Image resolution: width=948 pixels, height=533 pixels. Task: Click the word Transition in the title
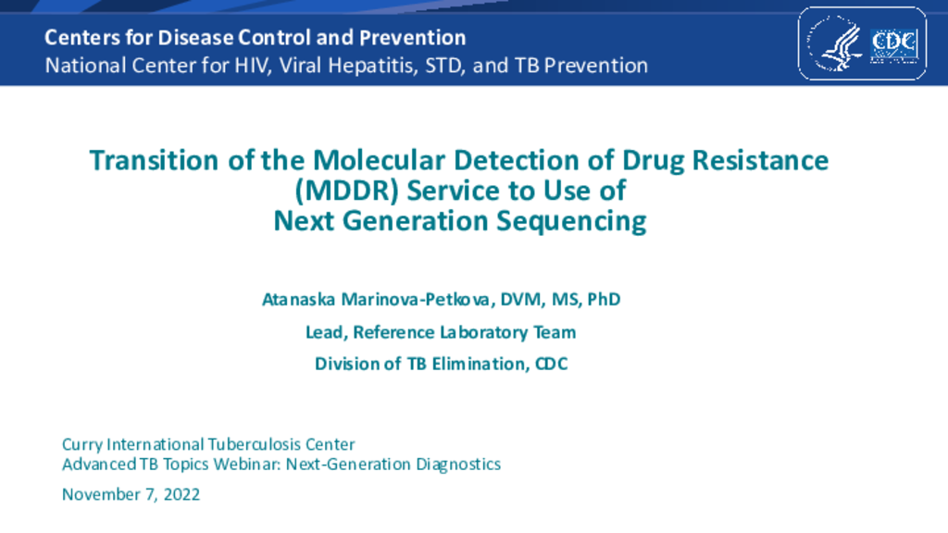[x=155, y=161]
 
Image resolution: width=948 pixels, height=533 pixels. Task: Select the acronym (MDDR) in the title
[x=346, y=191]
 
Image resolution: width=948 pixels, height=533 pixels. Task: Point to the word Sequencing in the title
[x=571, y=221]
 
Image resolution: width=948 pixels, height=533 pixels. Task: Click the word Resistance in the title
[x=760, y=161]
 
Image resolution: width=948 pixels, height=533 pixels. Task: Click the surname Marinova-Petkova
[x=418, y=299]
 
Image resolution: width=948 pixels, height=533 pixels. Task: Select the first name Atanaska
[x=299, y=299]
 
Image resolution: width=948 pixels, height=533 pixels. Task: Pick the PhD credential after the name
[x=604, y=299]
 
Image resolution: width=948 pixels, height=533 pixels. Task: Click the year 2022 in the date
[x=182, y=494]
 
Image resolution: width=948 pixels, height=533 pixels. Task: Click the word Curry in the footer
[x=82, y=445]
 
